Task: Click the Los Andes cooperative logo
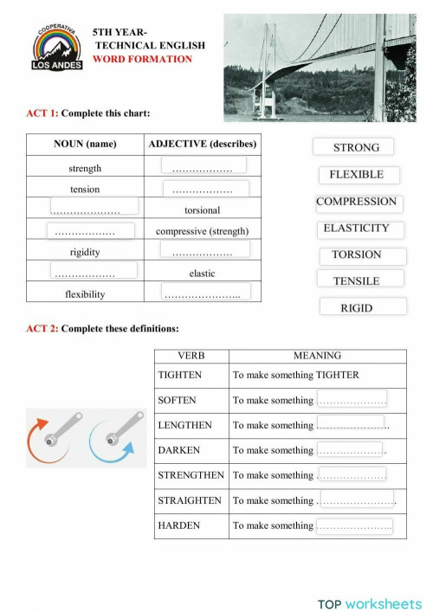point(57,48)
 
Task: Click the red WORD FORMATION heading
point(143,59)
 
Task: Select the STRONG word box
point(351,147)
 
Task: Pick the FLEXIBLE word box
point(357,175)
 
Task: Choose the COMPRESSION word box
point(356,202)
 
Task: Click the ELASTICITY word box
point(356,229)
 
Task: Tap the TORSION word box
point(356,254)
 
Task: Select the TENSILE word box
point(356,280)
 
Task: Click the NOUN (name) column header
point(85,144)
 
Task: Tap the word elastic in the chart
point(202,274)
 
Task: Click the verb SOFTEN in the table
point(178,400)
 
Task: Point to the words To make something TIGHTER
point(295,375)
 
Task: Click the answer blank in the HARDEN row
point(353,525)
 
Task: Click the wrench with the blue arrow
point(113,437)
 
